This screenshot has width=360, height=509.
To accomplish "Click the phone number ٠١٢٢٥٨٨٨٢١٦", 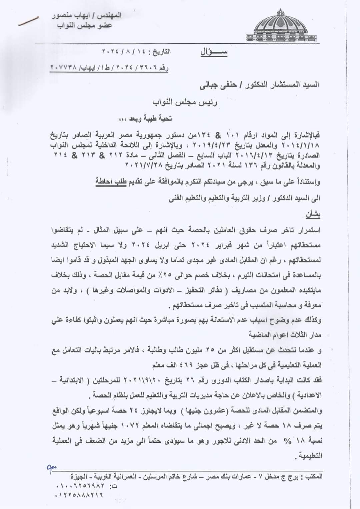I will [79, 495].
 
